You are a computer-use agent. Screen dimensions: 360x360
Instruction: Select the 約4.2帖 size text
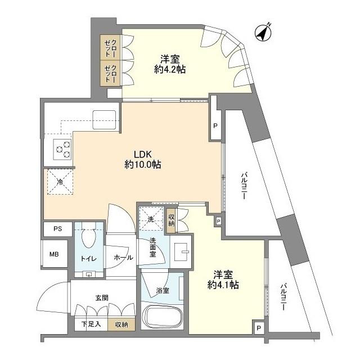170,69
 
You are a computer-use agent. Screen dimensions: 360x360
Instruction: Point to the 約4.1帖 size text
223,285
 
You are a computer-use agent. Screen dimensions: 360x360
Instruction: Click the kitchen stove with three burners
63,148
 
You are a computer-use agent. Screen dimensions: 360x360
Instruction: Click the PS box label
58,229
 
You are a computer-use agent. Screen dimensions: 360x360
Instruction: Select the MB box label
54,255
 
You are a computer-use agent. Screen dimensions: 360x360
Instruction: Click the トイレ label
88,258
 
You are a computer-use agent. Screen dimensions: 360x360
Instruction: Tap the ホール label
123,258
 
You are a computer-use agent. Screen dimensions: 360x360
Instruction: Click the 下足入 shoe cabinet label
89,324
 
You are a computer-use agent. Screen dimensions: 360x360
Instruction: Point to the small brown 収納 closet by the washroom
171,220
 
